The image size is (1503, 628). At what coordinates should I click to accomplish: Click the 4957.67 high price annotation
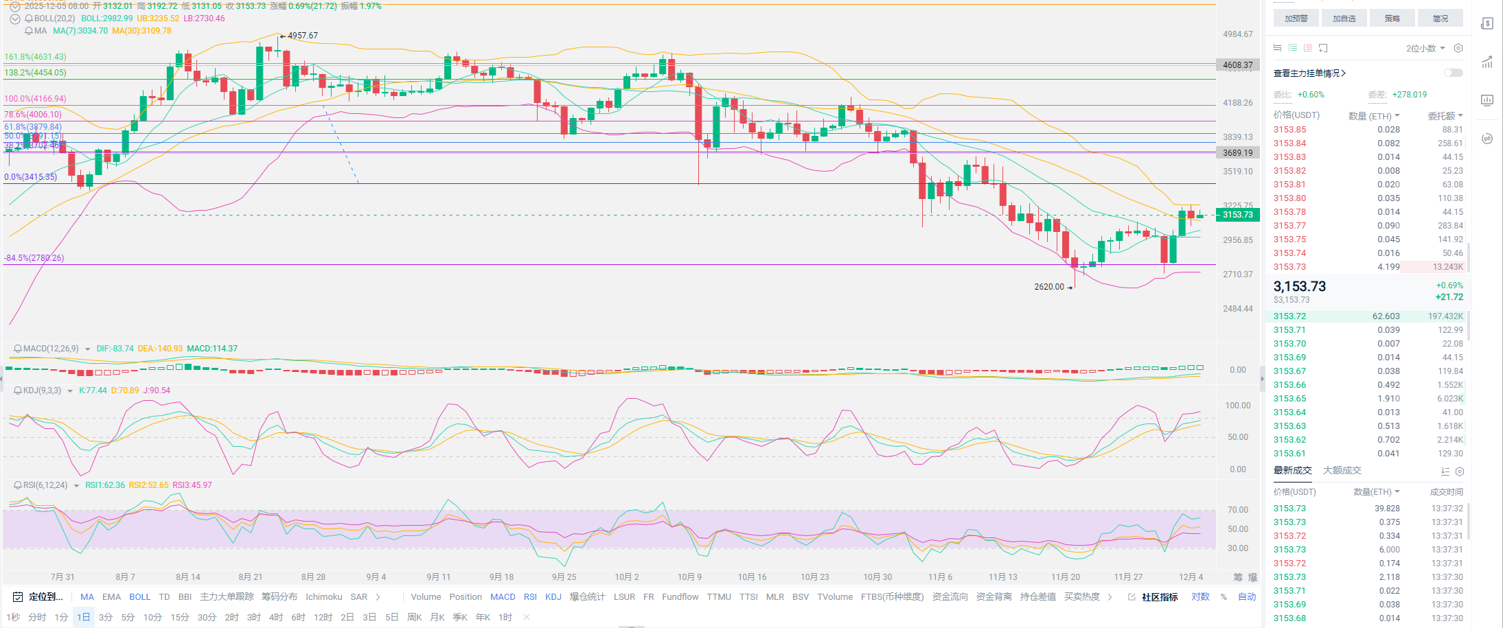coord(302,36)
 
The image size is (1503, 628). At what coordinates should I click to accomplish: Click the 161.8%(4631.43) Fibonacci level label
coord(36,57)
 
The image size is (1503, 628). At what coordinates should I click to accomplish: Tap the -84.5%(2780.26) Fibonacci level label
coord(34,258)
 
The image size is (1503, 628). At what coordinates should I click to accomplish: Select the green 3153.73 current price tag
coord(1237,215)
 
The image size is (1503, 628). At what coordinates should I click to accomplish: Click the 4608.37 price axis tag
coord(1237,65)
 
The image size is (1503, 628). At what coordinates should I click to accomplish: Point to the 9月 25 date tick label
coord(564,577)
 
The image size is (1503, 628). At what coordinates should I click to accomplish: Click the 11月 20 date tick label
coord(1065,577)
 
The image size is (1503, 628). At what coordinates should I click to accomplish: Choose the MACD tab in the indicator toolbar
coord(503,597)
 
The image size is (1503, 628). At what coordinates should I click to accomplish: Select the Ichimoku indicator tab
coord(324,597)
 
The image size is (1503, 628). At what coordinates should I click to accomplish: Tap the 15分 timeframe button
coord(179,618)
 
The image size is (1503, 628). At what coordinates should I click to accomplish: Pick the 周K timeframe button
coord(415,618)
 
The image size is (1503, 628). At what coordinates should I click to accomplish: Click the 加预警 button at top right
coord(1296,19)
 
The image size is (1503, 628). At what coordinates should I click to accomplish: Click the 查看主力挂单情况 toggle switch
coord(1453,73)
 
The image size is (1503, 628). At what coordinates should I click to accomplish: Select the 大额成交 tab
coord(1342,471)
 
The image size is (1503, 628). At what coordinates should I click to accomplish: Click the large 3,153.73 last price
coord(1300,287)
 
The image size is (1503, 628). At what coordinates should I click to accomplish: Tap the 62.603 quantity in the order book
coord(1386,316)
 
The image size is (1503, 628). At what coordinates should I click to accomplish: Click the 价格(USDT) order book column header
coord(1296,115)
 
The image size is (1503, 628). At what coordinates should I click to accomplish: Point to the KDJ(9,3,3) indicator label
coord(42,391)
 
